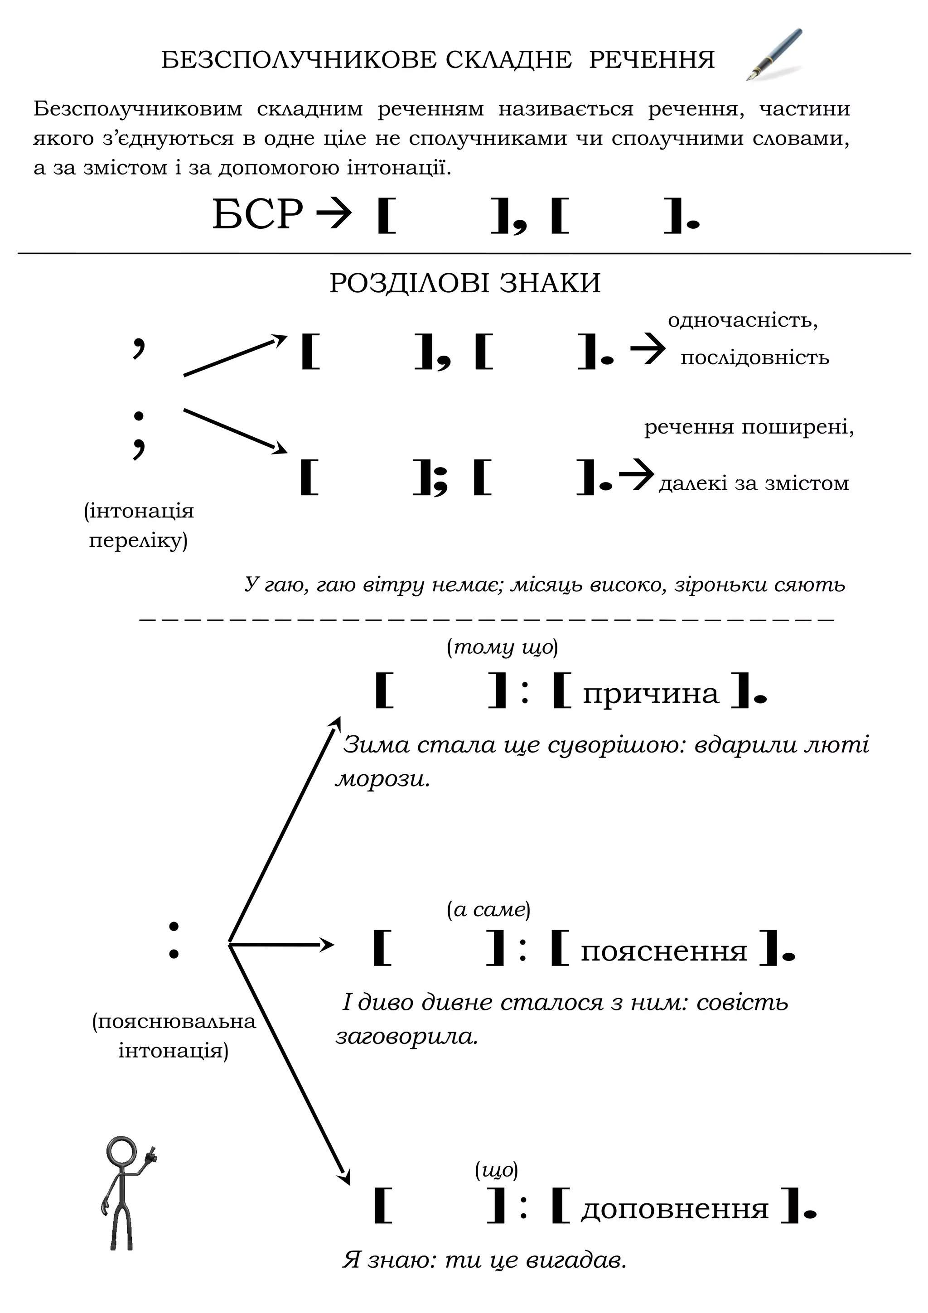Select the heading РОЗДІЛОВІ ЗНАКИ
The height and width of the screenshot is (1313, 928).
tap(465, 283)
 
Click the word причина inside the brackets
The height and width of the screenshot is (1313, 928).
tap(651, 694)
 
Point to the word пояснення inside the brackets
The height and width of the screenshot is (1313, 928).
tap(664, 951)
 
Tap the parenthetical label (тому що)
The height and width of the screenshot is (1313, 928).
tap(502, 647)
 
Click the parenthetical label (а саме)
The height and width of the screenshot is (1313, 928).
tap(488, 909)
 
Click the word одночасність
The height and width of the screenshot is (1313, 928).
tap(742, 320)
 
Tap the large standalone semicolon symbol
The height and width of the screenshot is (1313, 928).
tap(138, 434)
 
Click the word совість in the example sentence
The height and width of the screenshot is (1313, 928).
tap(742, 1002)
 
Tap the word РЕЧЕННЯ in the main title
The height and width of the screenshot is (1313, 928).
tap(652, 59)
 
